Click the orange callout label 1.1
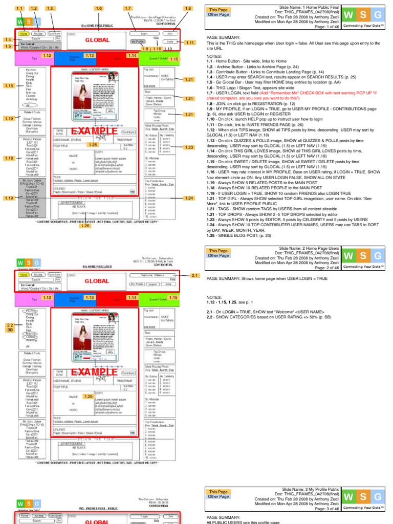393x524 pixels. (x=20, y=9)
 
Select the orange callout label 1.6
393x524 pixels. (x=99, y=9)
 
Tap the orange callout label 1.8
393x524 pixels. (x=188, y=9)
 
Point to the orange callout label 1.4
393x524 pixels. (x=8, y=39)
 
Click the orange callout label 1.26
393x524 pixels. (x=85, y=226)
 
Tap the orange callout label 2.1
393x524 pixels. (x=194, y=276)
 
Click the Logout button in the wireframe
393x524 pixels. (x=152, y=283)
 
